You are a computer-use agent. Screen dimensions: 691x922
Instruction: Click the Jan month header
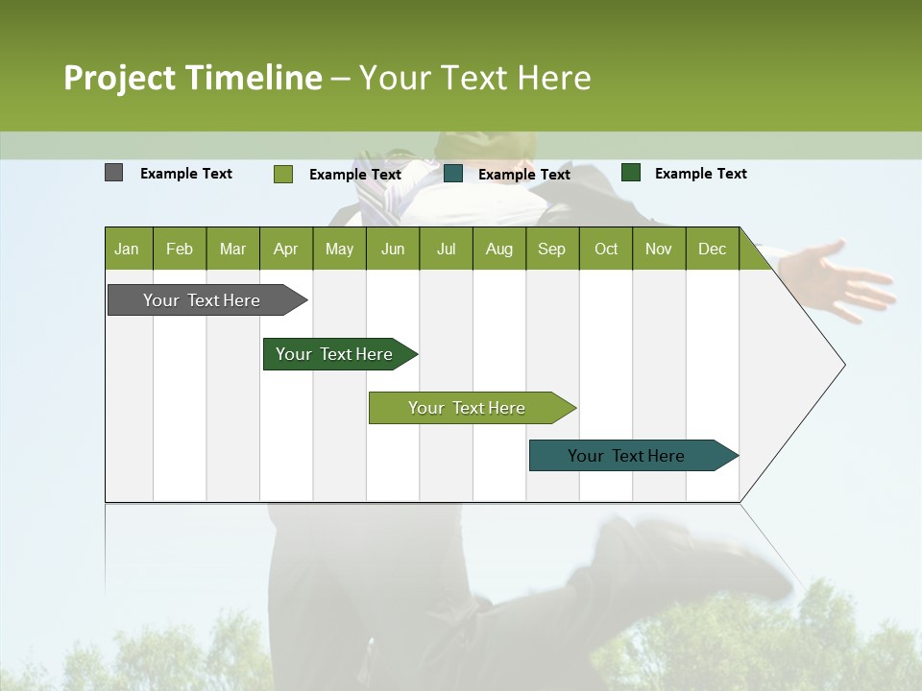click(128, 249)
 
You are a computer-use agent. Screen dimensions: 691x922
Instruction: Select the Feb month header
click(180, 249)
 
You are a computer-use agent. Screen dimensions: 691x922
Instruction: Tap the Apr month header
click(285, 249)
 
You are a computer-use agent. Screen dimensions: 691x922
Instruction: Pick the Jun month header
click(393, 249)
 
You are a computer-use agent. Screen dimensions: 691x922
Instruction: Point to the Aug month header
click(498, 249)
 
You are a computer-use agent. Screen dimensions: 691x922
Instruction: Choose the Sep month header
click(551, 249)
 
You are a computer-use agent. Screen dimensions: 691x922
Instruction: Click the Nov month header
click(659, 249)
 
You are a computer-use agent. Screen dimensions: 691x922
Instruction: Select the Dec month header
click(712, 249)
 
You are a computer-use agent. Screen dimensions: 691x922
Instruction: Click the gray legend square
click(113, 173)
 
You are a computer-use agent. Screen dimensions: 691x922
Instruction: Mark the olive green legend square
click(282, 174)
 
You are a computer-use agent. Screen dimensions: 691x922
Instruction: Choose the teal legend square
click(453, 174)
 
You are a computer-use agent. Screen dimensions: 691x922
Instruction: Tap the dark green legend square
click(631, 173)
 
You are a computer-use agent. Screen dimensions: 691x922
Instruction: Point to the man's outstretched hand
click(845, 278)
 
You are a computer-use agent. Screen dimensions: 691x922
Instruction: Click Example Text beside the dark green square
click(700, 174)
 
